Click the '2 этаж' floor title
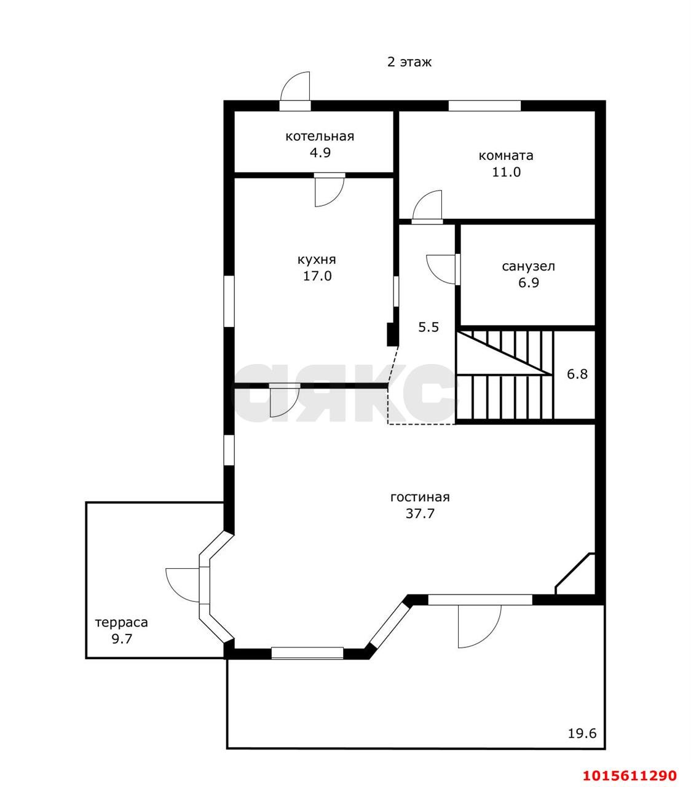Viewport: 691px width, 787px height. point(409,62)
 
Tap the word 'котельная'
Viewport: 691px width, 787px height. point(320,136)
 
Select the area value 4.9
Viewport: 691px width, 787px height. point(320,152)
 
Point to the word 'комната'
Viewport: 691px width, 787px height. point(506,156)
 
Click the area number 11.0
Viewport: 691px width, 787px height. point(507,172)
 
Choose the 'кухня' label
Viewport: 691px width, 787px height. point(317,259)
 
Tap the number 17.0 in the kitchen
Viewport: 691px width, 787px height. point(317,276)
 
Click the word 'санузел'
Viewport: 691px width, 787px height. point(528,266)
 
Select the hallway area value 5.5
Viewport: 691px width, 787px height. point(428,327)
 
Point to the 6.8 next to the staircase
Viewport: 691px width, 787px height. point(577,374)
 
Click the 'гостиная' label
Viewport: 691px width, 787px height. point(420,497)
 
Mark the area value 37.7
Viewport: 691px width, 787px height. point(420,513)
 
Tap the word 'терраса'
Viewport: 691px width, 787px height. point(122,623)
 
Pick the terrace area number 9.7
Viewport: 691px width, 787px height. point(122,639)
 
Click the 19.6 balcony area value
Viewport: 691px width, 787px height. point(582,734)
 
